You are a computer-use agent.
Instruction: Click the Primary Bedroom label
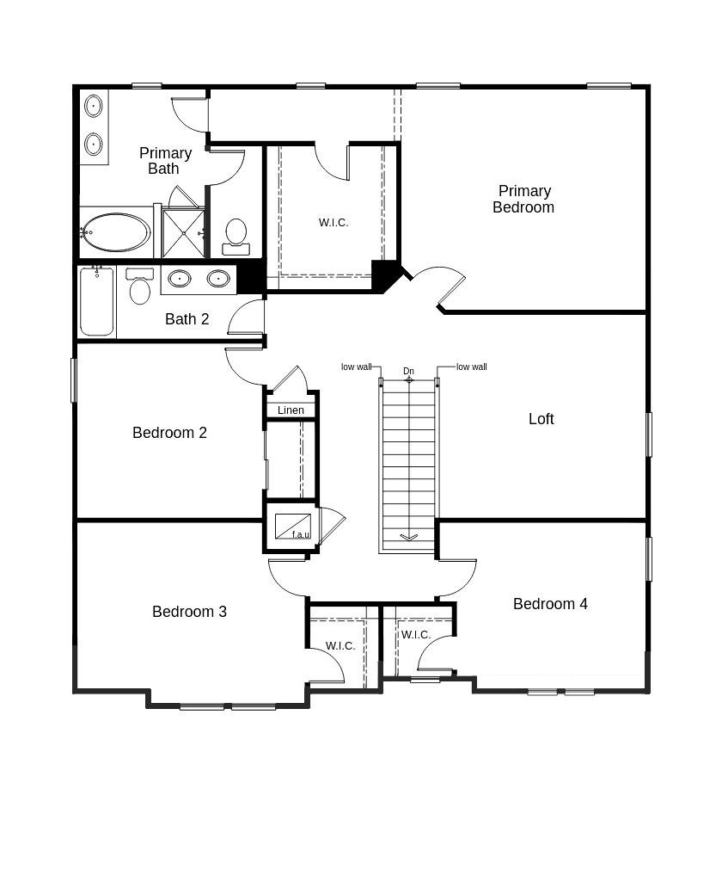click(x=523, y=199)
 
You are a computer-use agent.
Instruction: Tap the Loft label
click(x=541, y=419)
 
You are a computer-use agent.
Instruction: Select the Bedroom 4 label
click(x=550, y=603)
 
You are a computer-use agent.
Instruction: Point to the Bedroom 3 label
click(x=189, y=611)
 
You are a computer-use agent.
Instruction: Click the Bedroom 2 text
click(x=169, y=432)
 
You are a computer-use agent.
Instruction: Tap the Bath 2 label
click(x=187, y=318)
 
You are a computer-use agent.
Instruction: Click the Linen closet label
click(x=291, y=410)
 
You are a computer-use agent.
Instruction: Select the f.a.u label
click(x=301, y=535)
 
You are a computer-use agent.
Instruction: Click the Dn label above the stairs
click(x=408, y=371)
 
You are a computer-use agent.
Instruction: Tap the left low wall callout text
click(x=357, y=367)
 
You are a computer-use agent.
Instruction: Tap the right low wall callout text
click(x=472, y=367)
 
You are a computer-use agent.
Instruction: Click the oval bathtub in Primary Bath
click(x=115, y=232)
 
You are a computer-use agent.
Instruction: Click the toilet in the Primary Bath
click(x=236, y=237)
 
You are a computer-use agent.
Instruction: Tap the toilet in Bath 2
click(x=140, y=286)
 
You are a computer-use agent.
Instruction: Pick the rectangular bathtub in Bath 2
click(x=97, y=301)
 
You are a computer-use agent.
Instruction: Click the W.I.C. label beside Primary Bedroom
click(x=333, y=223)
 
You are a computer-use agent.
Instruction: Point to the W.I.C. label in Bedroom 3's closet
click(x=340, y=646)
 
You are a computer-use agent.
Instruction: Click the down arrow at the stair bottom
click(x=408, y=537)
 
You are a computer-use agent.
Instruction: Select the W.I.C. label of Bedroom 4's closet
click(x=416, y=635)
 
